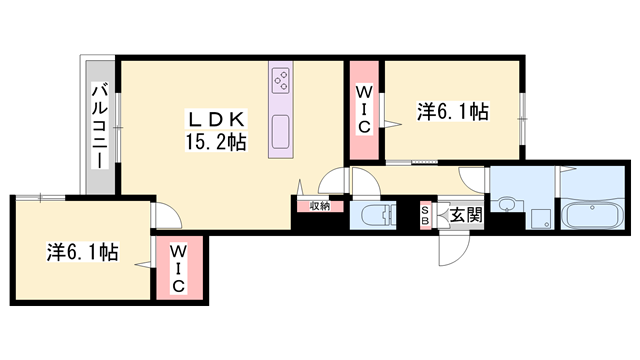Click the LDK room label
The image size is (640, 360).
point(213,117)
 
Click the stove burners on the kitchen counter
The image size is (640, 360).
point(281,78)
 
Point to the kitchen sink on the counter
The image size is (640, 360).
point(281,129)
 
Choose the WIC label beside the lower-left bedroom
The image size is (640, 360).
point(177,268)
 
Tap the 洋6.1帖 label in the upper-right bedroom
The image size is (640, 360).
point(453,112)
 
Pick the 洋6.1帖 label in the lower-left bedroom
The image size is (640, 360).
point(82,250)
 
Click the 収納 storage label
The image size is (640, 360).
point(319,206)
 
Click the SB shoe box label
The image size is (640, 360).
point(425,215)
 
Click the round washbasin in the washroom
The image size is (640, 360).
point(509,206)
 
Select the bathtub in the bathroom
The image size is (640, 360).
point(594,215)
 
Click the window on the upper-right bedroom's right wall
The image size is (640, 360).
point(522,108)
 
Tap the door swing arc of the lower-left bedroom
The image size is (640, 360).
point(160,216)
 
